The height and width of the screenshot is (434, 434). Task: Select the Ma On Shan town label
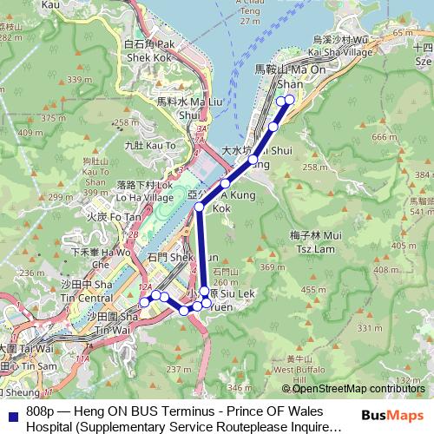click(x=282, y=75)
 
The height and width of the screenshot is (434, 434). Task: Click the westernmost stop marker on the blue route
click(x=144, y=302)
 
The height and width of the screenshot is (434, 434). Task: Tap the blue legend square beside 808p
click(x=14, y=411)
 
